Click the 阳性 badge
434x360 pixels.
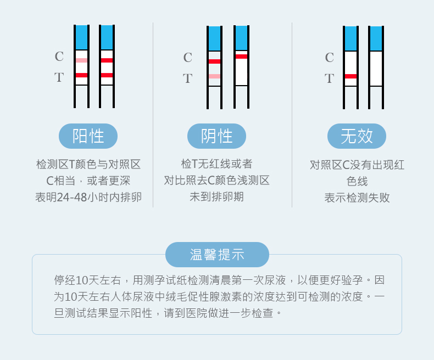coord(88,136)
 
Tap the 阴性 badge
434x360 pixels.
coord(216,136)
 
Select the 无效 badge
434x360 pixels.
coord(357,136)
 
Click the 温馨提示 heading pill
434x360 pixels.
coord(217,255)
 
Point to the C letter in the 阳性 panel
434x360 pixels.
coord(59,57)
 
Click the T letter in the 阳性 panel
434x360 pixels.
coord(59,77)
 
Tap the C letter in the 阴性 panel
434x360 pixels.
coord(187,58)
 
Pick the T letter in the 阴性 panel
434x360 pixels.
coord(187,78)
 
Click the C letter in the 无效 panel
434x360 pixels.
coord(329,58)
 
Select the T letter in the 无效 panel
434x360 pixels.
coord(329,78)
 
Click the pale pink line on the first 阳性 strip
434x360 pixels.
coord(81,60)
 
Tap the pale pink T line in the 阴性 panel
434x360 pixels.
coord(214,76)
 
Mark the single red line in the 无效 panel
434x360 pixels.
coord(350,76)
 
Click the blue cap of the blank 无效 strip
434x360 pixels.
coord(376,38)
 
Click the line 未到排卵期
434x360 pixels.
coord(216,196)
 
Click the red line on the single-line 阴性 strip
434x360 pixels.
coord(241,56)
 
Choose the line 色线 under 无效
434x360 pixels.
coord(357,181)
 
